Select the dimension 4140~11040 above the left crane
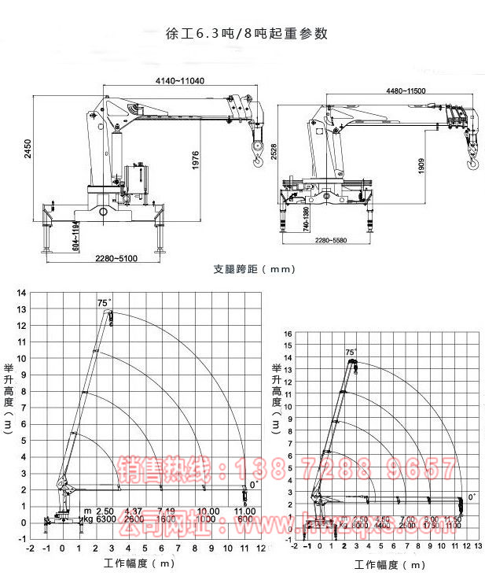[180, 81]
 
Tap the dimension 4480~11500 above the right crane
[406, 91]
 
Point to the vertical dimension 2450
[28, 149]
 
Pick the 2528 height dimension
[274, 152]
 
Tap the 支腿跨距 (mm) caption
[254, 269]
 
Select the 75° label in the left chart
[104, 302]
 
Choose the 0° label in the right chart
[472, 497]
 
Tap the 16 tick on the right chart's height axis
[288, 333]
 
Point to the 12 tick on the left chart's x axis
[260, 548]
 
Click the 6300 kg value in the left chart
[104, 520]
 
